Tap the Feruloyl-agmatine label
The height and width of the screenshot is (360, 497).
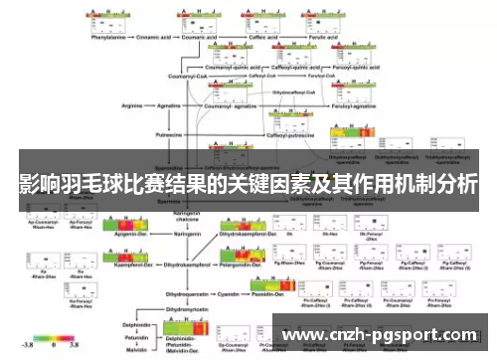316,100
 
